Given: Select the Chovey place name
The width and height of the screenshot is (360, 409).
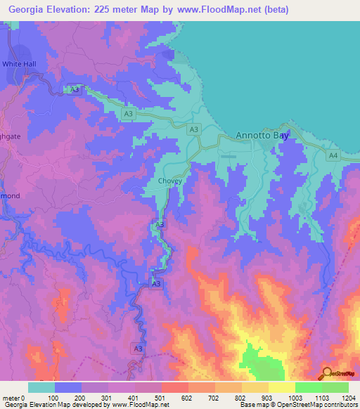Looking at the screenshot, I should pyautogui.click(x=169, y=181).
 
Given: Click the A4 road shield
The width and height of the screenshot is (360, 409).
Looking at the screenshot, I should pyautogui.click(x=333, y=155).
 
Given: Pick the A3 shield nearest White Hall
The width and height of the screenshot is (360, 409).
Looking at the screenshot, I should pyautogui.click(x=74, y=90).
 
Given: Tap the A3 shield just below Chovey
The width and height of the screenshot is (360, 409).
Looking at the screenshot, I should pyautogui.click(x=160, y=223).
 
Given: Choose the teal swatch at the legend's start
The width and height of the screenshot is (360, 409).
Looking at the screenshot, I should pyautogui.click(x=41, y=387).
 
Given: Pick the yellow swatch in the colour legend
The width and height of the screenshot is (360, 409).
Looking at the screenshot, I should pyautogui.click(x=281, y=387).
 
